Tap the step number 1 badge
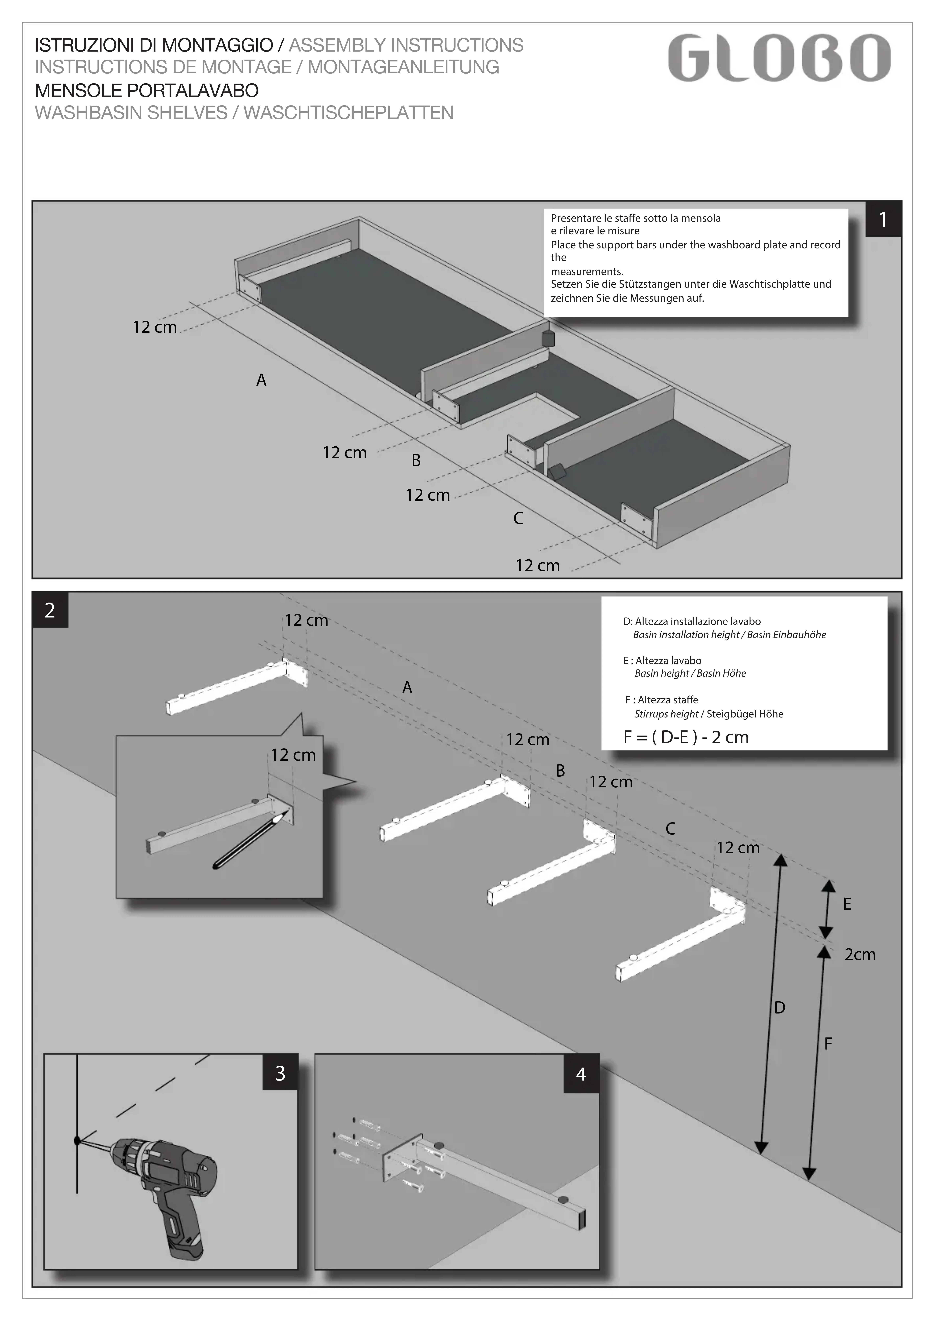click(x=883, y=219)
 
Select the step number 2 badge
click(x=50, y=610)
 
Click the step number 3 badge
click(x=280, y=1073)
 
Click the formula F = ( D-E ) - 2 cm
click(x=686, y=738)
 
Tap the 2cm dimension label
click(x=860, y=955)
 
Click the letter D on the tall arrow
click(x=780, y=1008)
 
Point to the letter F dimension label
click(x=828, y=1044)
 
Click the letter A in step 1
click(x=261, y=381)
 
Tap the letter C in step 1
click(x=518, y=519)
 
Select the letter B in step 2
click(x=560, y=771)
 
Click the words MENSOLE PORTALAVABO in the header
click(x=147, y=90)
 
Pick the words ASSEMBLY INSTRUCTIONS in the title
click(x=406, y=45)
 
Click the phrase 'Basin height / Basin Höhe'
click(x=690, y=674)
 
